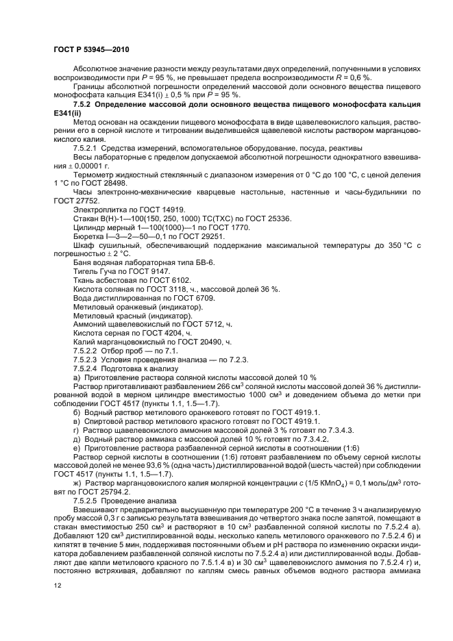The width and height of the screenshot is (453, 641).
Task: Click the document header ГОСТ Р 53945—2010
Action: [90, 50]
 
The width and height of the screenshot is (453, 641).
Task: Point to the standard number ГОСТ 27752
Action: [72, 199]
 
